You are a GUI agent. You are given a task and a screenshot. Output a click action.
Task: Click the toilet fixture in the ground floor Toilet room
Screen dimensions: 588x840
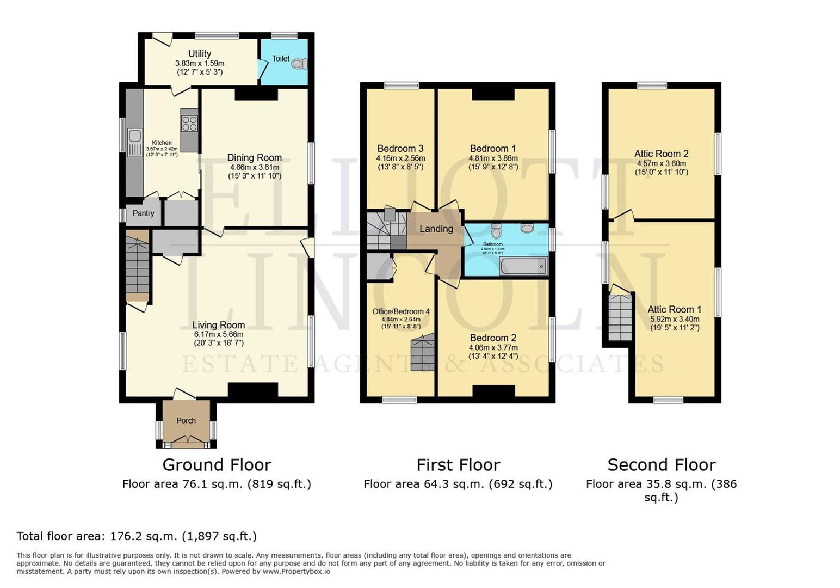(x=298, y=64)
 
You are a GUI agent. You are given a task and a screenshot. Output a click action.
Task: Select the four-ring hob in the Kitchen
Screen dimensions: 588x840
(x=189, y=124)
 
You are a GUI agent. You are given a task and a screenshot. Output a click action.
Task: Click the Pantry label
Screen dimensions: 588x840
(x=143, y=213)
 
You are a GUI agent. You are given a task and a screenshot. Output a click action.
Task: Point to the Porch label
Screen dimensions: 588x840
(x=186, y=420)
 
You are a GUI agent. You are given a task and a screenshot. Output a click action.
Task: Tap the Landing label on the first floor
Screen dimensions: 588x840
(x=436, y=229)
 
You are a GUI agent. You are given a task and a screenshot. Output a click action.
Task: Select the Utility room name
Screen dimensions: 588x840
(x=200, y=53)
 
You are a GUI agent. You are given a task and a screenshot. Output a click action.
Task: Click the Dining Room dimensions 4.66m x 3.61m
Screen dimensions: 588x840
(x=255, y=167)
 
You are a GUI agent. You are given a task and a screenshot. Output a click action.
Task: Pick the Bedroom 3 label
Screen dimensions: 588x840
(x=400, y=149)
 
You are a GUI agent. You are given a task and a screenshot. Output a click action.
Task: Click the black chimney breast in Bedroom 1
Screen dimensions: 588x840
(x=493, y=94)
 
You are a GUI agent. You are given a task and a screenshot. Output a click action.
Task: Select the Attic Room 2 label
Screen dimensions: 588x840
(x=661, y=154)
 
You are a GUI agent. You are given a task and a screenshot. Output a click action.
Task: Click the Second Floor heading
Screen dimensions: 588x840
(x=661, y=465)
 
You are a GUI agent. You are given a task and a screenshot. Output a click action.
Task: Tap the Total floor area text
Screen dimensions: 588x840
(x=137, y=536)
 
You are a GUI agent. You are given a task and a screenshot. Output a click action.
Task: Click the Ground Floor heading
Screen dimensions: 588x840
(x=217, y=465)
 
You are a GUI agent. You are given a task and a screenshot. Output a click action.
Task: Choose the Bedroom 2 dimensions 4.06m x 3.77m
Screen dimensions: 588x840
(x=493, y=347)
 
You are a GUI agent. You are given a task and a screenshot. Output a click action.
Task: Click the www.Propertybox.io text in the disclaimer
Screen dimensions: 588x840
(x=297, y=572)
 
